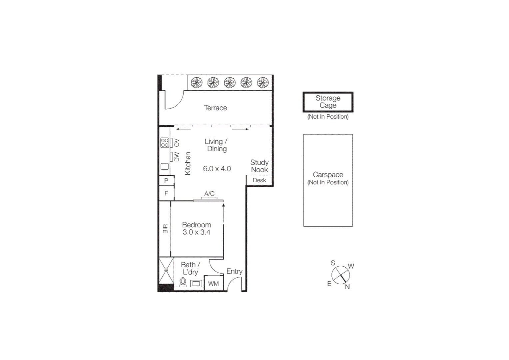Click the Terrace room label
click(x=215, y=108)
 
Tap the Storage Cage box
click(x=328, y=102)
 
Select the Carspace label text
click(x=328, y=175)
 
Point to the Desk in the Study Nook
click(x=259, y=180)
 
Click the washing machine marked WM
click(x=214, y=284)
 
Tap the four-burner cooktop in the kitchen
click(x=165, y=143)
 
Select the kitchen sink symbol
click(x=165, y=166)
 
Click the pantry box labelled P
click(x=166, y=180)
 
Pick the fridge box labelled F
click(x=166, y=193)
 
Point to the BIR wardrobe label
click(x=165, y=229)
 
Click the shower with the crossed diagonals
click(x=166, y=270)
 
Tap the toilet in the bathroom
click(x=183, y=282)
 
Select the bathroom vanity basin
click(x=196, y=284)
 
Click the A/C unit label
click(x=209, y=194)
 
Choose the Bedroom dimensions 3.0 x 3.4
click(x=196, y=232)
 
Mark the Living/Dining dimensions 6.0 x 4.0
click(x=217, y=169)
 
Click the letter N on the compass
click(x=347, y=287)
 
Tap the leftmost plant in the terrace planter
click(x=197, y=82)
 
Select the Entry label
click(x=234, y=271)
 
